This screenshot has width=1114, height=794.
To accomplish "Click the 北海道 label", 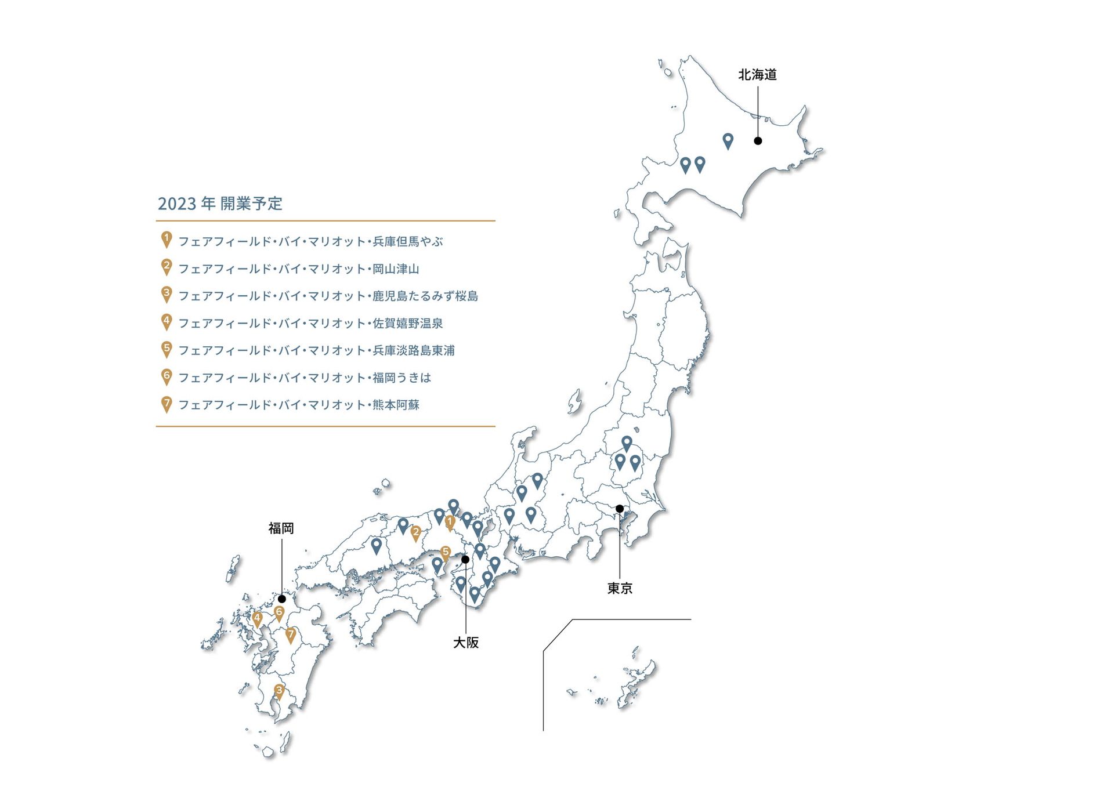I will point(757,75).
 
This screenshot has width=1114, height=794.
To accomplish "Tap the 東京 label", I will point(620,589).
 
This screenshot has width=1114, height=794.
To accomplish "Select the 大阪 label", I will point(466,643).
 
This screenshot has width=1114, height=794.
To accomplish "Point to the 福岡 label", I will point(281,528).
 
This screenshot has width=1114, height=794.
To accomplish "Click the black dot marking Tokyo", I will point(620,509).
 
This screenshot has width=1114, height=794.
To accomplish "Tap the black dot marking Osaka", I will point(465,559).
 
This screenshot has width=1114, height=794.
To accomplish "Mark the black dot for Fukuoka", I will point(282,599).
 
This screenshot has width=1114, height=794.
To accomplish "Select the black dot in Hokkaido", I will point(758,141).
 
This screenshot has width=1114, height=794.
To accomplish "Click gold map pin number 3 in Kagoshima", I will point(279,691).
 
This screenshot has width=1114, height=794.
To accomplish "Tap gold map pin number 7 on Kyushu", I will point(291,635).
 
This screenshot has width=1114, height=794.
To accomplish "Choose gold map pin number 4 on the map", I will point(258,619).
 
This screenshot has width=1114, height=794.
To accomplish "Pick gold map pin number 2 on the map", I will point(415,532).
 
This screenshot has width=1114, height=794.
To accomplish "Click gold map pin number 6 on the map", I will point(279,612).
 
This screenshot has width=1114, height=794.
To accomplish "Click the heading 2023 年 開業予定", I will point(220,204).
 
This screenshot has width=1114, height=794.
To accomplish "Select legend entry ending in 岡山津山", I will point(299,269).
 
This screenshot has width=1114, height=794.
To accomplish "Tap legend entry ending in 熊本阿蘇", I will point(299,405).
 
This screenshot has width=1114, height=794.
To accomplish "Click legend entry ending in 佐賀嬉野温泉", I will point(310,323).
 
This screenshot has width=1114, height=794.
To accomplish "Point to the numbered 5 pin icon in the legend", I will point(167,349).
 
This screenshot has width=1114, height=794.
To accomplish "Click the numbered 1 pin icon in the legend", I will point(167,239).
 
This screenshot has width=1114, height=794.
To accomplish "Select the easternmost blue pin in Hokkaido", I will point(728,140).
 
